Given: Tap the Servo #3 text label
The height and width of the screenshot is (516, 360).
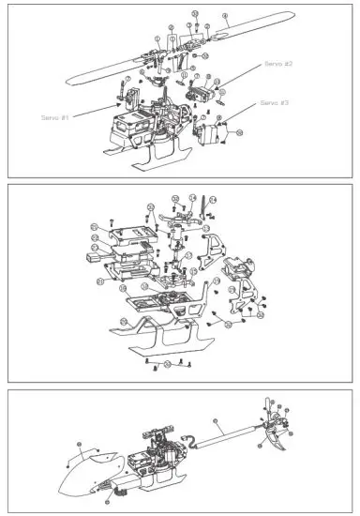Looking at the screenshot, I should pyautogui.click(x=274, y=101).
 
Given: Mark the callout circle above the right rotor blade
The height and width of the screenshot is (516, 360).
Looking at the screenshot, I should pyautogui.click(x=225, y=17).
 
